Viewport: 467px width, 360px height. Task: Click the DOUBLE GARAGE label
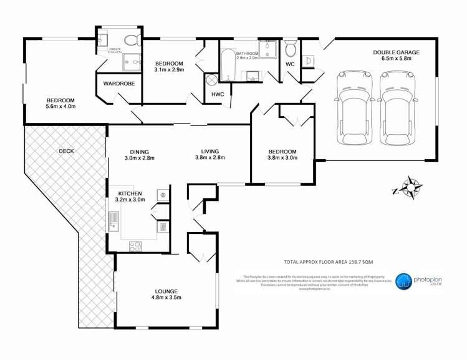(x=396, y=53)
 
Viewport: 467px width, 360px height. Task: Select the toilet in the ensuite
(x=132, y=41)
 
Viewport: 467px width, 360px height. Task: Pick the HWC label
(x=218, y=94)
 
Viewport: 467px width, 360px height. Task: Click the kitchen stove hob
(x=135, y=246)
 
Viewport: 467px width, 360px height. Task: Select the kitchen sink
(x=115, y=221)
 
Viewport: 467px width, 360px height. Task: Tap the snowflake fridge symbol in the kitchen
(x=163, y=195)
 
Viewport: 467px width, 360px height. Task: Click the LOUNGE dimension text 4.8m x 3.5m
(x=166, y=299)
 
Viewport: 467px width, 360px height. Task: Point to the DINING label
(x=139, y=150)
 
